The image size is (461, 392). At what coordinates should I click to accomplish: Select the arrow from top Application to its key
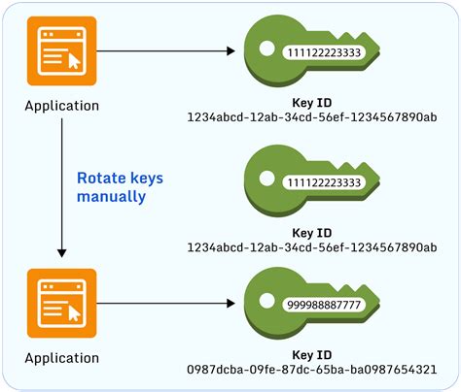pos(165,49)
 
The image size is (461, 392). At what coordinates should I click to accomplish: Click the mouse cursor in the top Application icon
pos(73,60)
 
